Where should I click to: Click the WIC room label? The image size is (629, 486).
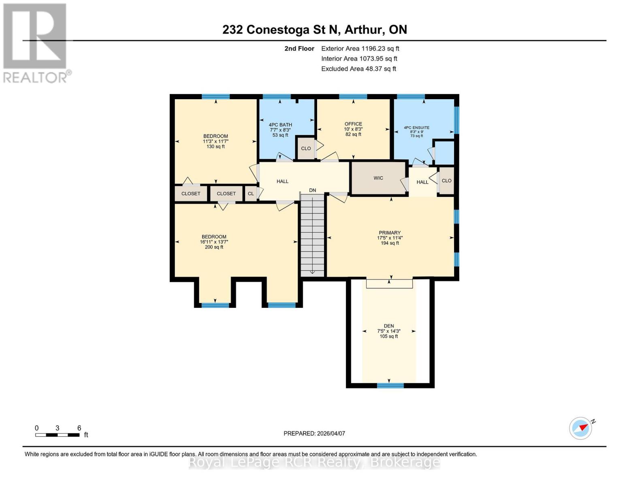click(378, 178)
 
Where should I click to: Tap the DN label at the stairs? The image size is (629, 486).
click(312, 190)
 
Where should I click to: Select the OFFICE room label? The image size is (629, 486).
click(353, 124)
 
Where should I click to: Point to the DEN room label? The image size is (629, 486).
click(389, 326)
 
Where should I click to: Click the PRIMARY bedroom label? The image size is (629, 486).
click(390, 233)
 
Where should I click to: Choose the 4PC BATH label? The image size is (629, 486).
click(280, 125)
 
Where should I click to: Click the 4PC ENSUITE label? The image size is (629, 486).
click(416, 128)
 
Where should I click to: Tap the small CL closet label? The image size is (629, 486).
click(251, 194)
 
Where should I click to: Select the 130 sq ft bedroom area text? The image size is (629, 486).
click(215, 147)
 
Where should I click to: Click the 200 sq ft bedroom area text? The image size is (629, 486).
click(214, 247)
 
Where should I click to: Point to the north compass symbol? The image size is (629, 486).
click(581, 428)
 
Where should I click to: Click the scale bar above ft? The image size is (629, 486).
click(57, 435)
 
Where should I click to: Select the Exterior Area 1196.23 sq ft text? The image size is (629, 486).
click(360, 49)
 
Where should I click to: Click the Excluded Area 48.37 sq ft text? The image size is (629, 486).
click(358, 69)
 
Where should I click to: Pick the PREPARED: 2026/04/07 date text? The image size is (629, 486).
click(314, 433)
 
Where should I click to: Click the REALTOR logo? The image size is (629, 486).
click(36, 43)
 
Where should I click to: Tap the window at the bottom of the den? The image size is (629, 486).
click(390, 386)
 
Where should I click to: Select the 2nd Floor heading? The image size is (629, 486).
click(299, 49)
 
